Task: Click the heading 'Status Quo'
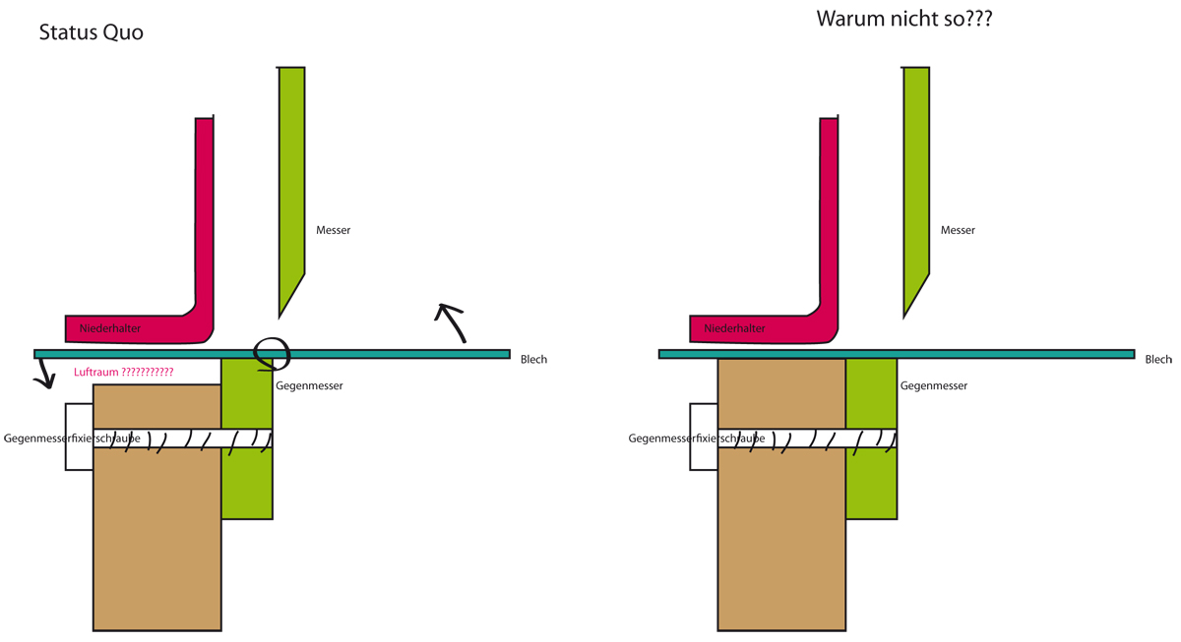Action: click(x=92, y=32)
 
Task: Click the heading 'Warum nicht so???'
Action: click(x=904, y=19)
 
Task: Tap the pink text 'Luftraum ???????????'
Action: click(x=123, y=372)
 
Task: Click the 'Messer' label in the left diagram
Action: click(x=334, y=230)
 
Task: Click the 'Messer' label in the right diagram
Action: click(x=958, y=230)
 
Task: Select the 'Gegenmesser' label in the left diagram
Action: click(x=309, y=386)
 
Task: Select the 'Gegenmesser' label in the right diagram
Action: click(x=934, y=386)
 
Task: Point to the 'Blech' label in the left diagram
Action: click(x=533, y=359)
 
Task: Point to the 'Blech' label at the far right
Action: click(x=1158, y=359)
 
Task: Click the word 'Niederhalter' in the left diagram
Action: click(x=110, y=328)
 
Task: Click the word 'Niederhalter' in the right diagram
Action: click(x=734, y=328)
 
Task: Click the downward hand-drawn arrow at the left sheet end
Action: click(x=45, y=372)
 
